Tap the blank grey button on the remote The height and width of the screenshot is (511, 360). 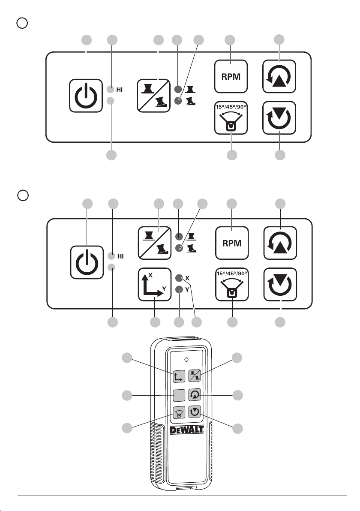[178, 395]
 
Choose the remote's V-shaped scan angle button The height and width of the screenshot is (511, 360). [178, 412]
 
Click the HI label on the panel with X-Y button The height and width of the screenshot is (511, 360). [121, 256]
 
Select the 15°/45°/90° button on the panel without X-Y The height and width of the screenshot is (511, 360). [231, 117]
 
